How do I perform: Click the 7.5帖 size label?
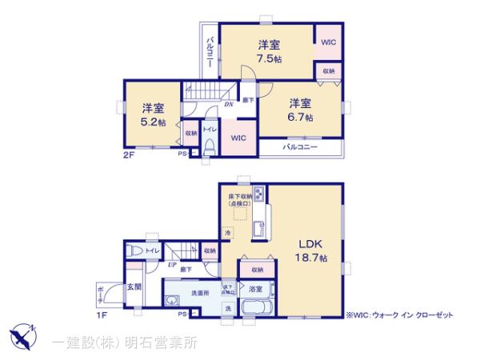[268, 58]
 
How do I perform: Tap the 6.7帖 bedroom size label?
[301, 117]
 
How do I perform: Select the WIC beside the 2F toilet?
[238, 138]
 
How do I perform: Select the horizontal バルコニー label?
[300, 147]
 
